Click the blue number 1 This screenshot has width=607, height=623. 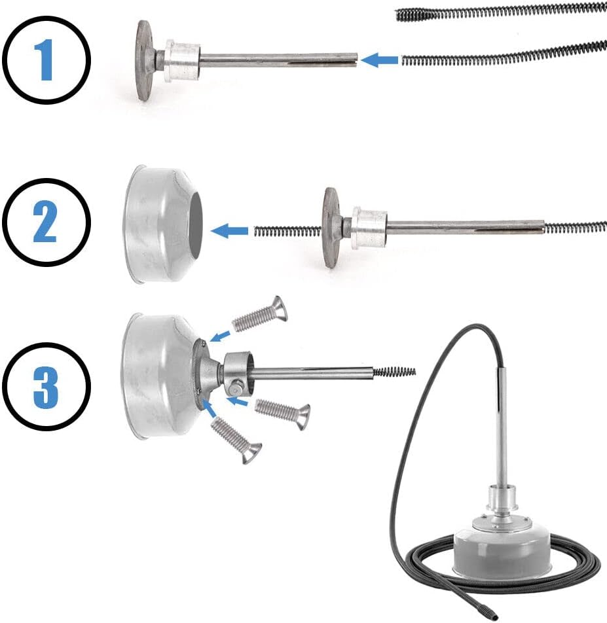tap(46, 60)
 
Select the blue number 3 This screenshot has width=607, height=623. tap(46, 386)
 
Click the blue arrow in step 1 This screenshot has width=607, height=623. tap(379, 60)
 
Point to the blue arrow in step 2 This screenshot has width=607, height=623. tap(229, 231)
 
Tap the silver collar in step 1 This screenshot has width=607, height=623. tap(183, 60)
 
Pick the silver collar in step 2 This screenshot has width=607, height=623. tap(369, 228)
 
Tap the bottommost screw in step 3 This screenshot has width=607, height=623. tap(236, 440)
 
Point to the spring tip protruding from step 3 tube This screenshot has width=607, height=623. tap(394, 372)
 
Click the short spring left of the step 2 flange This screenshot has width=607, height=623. tap(287, 231)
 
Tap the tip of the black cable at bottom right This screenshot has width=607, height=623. tap(494, 616)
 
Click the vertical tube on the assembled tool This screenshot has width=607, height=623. tap(504, 426)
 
